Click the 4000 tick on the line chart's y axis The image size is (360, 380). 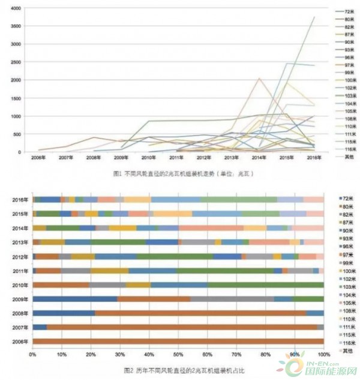click(16, 8)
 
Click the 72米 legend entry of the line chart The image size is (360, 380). click(348, 11)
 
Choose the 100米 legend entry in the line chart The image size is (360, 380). click(349, 80)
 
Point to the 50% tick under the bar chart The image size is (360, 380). click(178, 355)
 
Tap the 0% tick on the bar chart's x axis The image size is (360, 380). click(33, 355)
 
